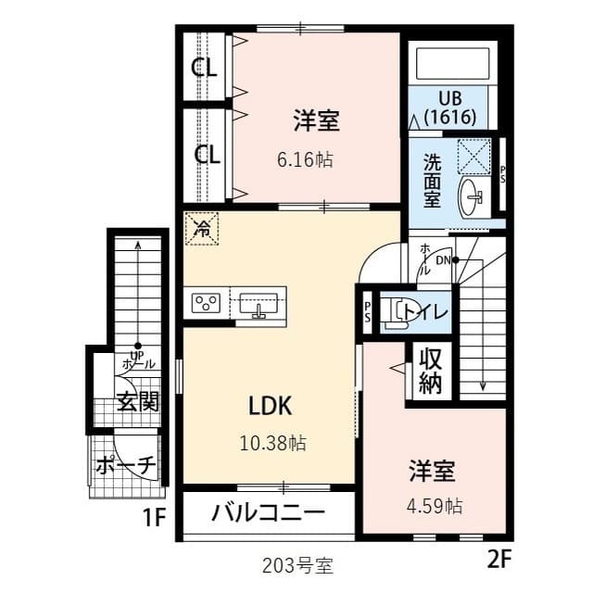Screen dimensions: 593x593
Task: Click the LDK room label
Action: coord(270,405)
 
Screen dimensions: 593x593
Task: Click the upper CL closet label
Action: coord(205,68)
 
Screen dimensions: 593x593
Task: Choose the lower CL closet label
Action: coord(207,154)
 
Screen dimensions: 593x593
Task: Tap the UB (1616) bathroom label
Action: coord(449,108)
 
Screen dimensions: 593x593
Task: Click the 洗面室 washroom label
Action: coord(433,178)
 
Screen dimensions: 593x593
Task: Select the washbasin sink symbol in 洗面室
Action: coord(472,195)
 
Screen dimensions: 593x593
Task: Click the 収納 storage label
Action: coord(430,371)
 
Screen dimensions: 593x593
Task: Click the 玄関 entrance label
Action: coord(137,401)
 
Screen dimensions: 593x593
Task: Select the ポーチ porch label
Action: coord(125,466)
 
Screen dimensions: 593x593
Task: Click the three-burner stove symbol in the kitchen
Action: coord(205,302)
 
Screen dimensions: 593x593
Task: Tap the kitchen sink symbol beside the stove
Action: coord(257,303)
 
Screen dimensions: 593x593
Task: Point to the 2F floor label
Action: coord(498,559)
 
